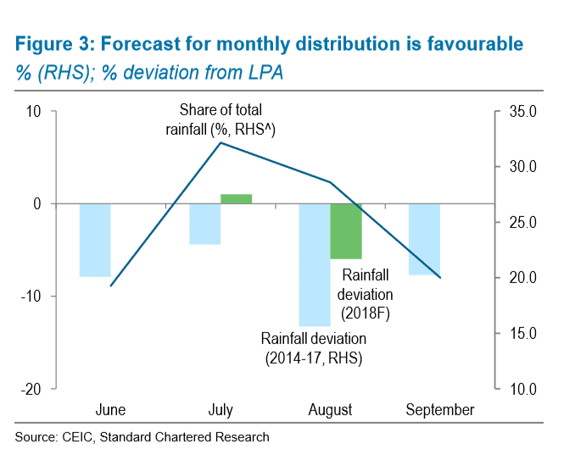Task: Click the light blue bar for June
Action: [95, 240]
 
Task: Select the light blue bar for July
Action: [204, 224]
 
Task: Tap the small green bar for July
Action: [236, 199]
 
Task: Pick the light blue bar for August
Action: [315, 264]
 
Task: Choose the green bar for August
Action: [346, 230]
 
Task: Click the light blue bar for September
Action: [424, 239]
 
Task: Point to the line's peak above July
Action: [221, 142]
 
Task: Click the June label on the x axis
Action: [111, 410]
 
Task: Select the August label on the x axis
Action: [330, 410]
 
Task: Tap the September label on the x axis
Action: [440, 410]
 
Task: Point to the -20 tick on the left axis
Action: [33, 388]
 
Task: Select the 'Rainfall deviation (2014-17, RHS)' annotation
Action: [312, 348]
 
